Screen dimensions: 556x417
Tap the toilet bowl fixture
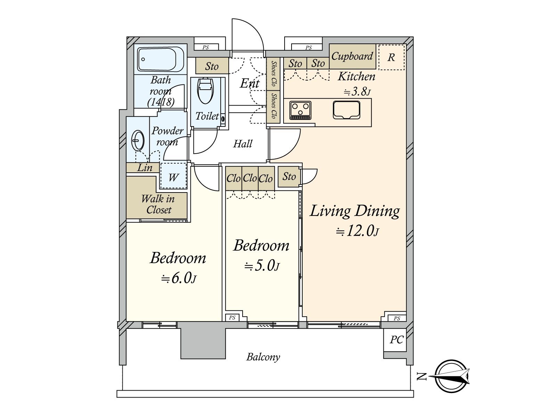point(205,90)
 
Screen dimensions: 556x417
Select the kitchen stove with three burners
point(300,110)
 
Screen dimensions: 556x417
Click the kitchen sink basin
point(346,110)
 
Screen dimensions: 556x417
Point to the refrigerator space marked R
point(391,57)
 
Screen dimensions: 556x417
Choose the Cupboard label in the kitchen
point(352,56)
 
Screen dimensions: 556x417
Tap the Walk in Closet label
point(158,204)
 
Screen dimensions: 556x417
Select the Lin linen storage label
point(145,167)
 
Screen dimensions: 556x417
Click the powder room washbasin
point(138,140)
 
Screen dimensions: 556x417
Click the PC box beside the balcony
point(396,340)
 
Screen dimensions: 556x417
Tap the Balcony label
point(263,357)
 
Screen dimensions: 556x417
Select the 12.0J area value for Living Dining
point(358,231)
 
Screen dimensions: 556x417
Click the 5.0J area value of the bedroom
point(262,266)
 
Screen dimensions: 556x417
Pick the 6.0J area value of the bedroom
point(179,278)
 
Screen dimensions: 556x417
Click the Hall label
point(243,144)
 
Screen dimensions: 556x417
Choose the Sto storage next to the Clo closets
point(289,177)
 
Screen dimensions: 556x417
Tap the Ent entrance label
point(250,83)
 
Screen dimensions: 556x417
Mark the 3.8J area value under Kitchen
point(357,91)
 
